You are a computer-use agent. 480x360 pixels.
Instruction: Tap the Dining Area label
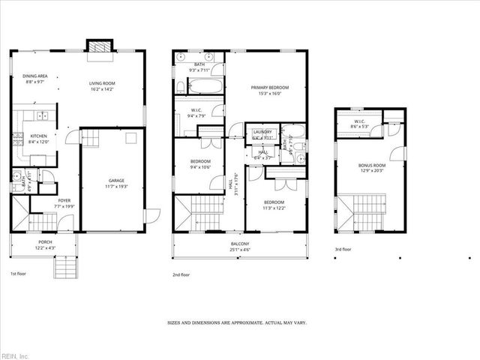(35, 76)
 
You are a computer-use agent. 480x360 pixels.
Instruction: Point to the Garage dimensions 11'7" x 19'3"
(116, 185)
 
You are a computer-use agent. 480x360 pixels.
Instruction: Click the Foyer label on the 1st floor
(44, 200)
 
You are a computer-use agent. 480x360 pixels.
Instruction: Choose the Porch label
(46, 242)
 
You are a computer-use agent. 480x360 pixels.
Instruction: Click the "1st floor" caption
(19, 274)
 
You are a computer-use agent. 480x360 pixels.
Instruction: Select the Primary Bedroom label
(269, 88)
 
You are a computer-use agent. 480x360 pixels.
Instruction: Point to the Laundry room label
(262, 132)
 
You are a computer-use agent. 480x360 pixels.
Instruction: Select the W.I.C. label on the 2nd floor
(197, 110)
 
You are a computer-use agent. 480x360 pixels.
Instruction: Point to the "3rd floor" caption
(344, 250)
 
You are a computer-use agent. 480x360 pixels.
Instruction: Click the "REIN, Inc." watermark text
(15, 355)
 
